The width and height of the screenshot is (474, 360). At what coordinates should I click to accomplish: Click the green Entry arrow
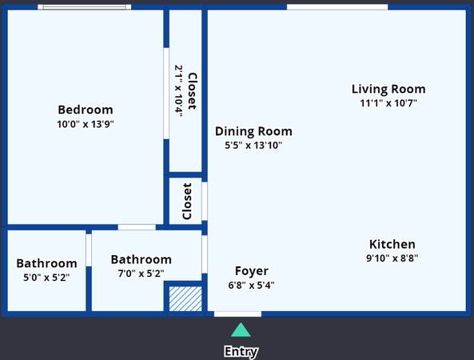tap(241, 330)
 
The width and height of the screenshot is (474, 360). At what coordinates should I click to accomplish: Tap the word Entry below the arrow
tap(241, 351)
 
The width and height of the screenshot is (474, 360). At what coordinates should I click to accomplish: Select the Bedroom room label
tap(86, 110)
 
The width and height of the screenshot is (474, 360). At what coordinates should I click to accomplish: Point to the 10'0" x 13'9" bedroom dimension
tap(86, 124)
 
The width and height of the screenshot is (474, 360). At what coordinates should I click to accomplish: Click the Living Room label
tap(388, 89)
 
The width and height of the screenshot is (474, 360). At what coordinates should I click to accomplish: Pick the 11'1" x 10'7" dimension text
tap(388, 103)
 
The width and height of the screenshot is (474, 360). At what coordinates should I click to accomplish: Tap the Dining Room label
tap(253, 131)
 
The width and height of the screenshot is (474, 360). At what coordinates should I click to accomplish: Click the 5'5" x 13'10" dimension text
tap(253, 146)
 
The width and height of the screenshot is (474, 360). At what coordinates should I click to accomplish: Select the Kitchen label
tap(392, 244)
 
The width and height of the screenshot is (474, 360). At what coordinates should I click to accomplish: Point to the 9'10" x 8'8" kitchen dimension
tap(392, 258)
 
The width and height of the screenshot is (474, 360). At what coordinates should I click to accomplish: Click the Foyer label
tap(252, 271)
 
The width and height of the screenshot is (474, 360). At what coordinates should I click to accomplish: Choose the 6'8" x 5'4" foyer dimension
tap(252, 285)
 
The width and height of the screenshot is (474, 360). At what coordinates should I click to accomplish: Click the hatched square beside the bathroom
tap(185, 299)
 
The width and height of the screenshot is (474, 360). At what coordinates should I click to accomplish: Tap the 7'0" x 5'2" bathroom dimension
tap(141, 274)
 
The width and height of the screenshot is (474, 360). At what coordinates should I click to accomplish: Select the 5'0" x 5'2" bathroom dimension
tap(46, 277)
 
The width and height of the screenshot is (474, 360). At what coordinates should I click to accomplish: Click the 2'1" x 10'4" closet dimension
tap(179, 90)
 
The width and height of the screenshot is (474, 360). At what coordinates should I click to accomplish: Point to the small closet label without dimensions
tap(187, 201)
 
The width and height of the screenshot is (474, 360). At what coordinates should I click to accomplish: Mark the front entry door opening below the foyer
tap(237, 314)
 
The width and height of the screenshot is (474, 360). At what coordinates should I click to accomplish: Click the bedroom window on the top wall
tap(85, 7)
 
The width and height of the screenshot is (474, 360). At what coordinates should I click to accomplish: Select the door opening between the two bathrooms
tap(89, 250)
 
